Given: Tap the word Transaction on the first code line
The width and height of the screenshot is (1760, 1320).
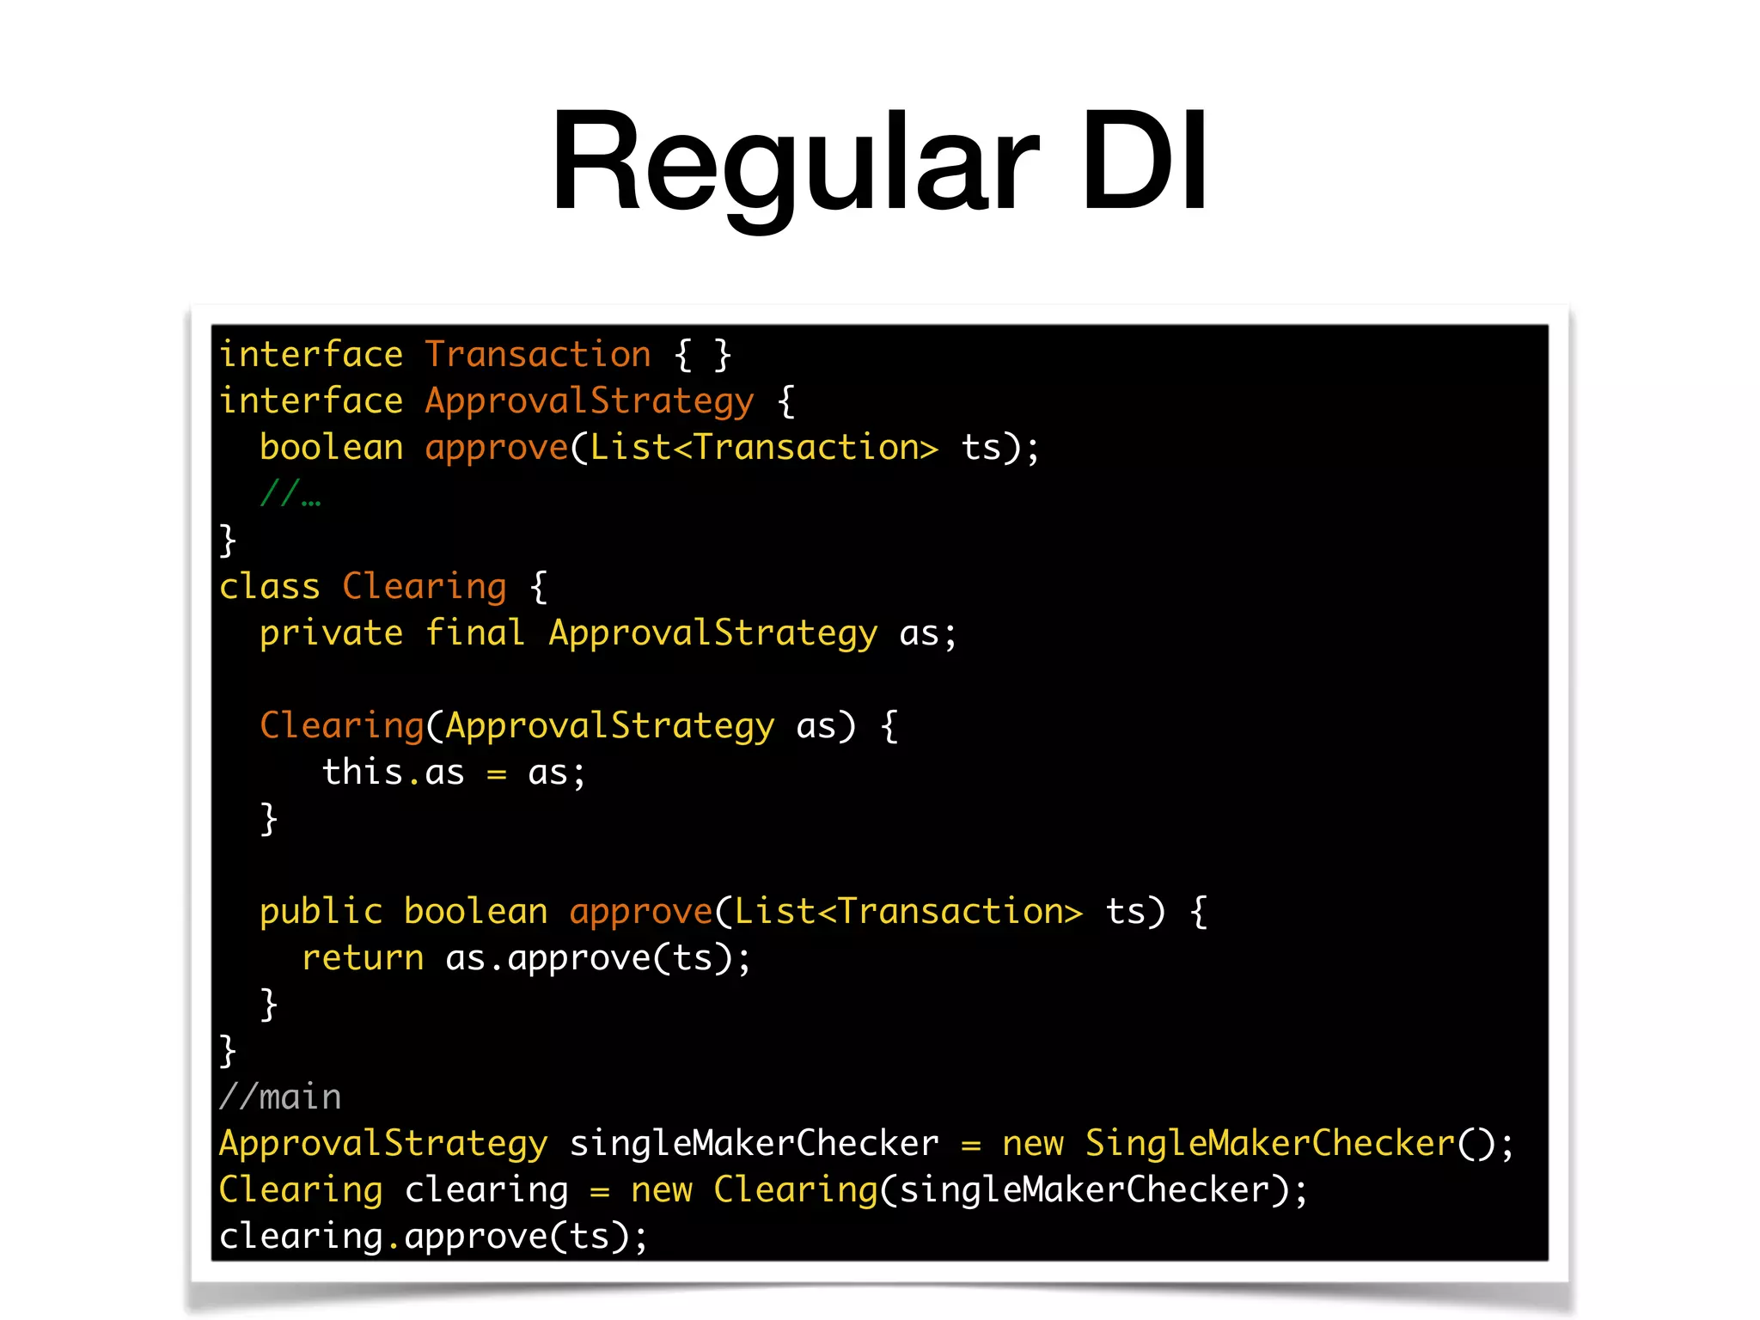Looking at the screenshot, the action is tap(538, 354).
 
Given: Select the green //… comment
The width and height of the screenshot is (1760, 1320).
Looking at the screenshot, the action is tap(290, 494).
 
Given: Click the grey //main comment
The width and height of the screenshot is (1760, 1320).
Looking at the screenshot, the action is tap(280, 1097).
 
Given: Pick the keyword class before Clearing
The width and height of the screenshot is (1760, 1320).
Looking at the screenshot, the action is tap(269, 587).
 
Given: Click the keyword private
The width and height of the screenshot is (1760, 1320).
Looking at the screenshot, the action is tap(331, 633).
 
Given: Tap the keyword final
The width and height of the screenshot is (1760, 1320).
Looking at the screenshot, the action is tap(474, 633).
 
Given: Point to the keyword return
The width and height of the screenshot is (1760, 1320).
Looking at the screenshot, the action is tap(363, 958).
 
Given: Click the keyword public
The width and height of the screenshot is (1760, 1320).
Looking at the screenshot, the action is tap(321, 912).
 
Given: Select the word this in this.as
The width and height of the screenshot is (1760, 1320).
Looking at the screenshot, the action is tap(363, 772).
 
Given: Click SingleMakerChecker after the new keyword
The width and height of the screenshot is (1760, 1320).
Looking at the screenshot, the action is tap(1270, 1144).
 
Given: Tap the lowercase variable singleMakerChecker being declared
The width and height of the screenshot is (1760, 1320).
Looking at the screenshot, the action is tap(754, 1144).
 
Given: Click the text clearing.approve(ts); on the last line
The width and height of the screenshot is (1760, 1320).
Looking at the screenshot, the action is tap(433, 1237).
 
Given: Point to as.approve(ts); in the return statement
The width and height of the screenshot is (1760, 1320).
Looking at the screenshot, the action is tap(598, 958).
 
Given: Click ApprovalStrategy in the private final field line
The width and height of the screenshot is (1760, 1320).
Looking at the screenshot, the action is tap(713, 633).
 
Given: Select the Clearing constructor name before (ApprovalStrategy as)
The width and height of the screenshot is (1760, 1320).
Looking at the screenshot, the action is tap(341, 726).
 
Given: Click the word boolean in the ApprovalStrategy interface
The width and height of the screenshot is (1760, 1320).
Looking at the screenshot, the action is tap(331, 448).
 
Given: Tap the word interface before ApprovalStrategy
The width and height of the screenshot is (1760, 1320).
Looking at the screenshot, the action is tap(310, 401).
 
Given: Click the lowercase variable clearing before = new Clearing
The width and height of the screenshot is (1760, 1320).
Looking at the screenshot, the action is tap(486, 1190).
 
